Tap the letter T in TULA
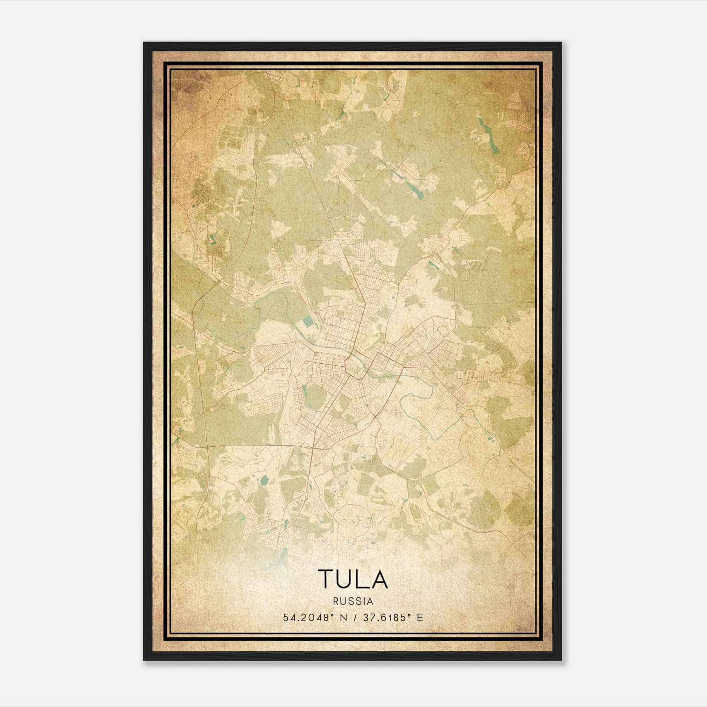pos(327,579)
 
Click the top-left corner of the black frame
pos(144,43)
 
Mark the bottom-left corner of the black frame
pos(144,659)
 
